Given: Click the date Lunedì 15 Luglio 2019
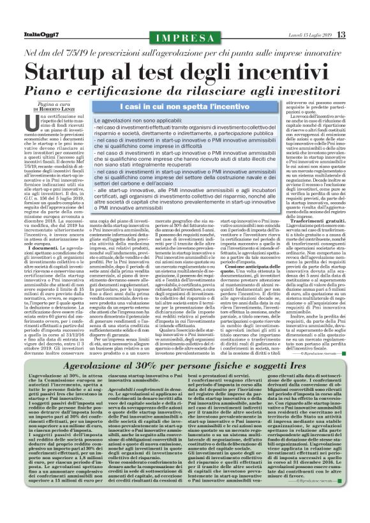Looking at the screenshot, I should click(x=309, y=34).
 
